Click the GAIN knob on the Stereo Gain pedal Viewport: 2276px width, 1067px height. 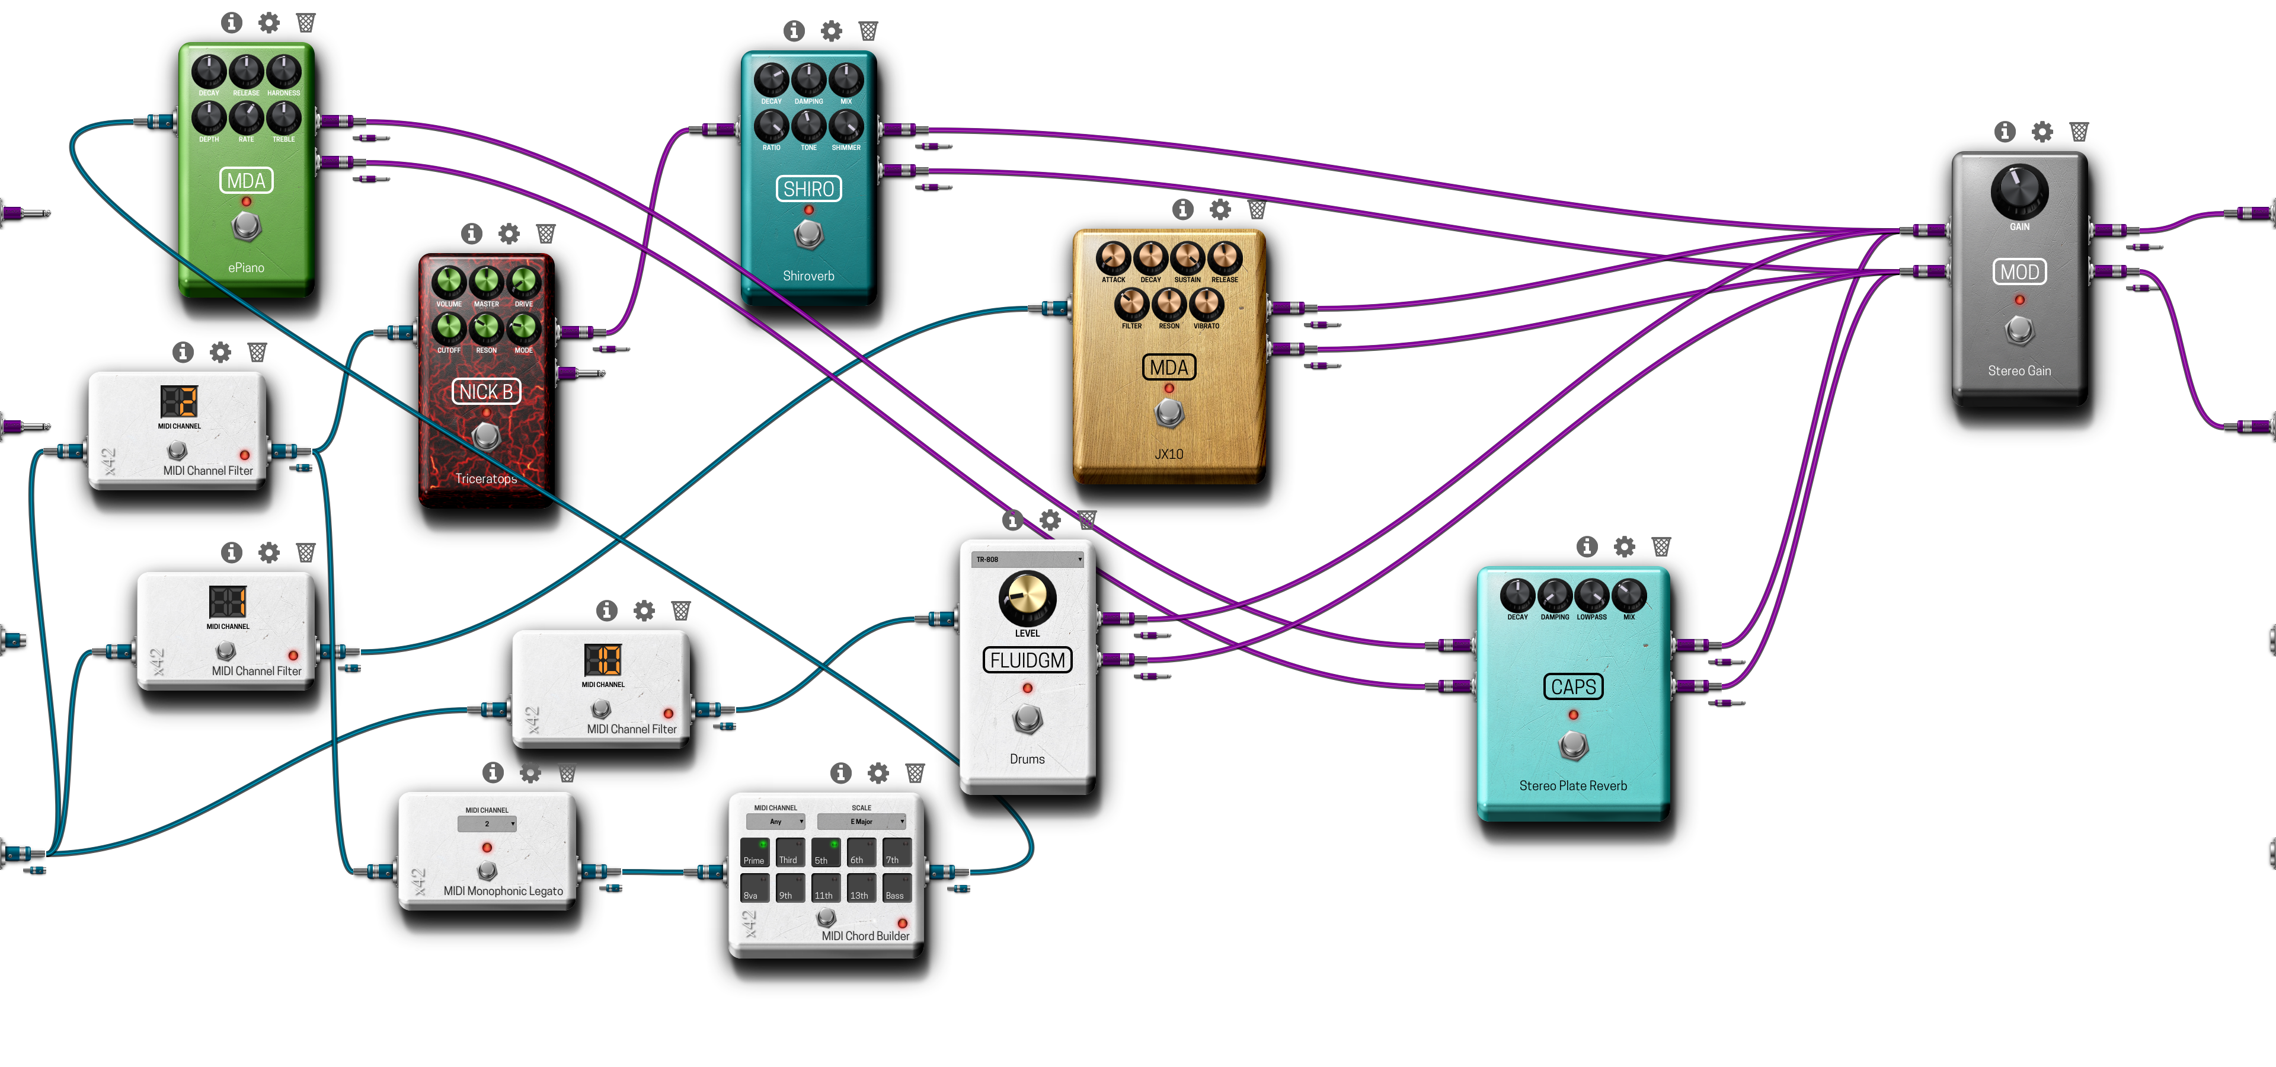pos(2019,190)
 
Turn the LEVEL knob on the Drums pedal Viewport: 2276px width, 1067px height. pos(1027,598)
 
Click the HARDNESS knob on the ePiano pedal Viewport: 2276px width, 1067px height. pos(284,71)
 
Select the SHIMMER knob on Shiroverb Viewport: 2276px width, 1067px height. pos(846,126)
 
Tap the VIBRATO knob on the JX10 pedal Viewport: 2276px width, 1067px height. pos(1206,304)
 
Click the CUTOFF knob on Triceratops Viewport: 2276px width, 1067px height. pos(449,328)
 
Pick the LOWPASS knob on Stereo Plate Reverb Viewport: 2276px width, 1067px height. pos(1591,595)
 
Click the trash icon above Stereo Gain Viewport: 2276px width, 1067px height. pos(2079,132)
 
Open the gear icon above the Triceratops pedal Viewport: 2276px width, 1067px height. pos(509,233)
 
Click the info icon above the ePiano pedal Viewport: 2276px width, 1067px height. pos(232,22)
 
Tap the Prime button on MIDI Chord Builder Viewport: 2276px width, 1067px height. pos(755,851)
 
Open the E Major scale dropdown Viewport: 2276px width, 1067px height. pos(861,822)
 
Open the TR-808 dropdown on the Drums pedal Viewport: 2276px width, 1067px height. pos(1027,559)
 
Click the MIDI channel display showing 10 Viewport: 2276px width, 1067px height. pos(603,660)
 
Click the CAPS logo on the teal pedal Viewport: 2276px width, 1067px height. pos(1572,686)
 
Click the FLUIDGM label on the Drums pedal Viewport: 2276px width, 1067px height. pos(1027,660)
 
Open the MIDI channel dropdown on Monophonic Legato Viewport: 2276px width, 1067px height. pos(487,823)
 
